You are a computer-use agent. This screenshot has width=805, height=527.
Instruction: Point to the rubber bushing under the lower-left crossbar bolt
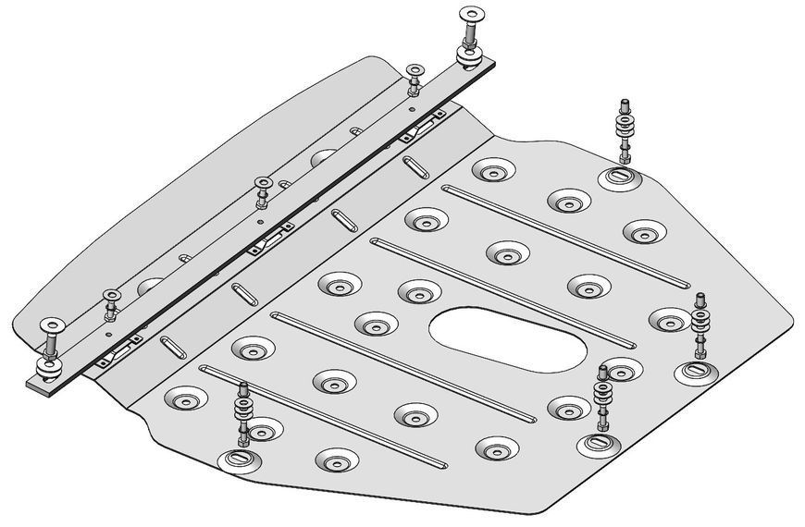[47, 372]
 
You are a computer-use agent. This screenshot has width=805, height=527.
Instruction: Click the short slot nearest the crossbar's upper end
[415, 168]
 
